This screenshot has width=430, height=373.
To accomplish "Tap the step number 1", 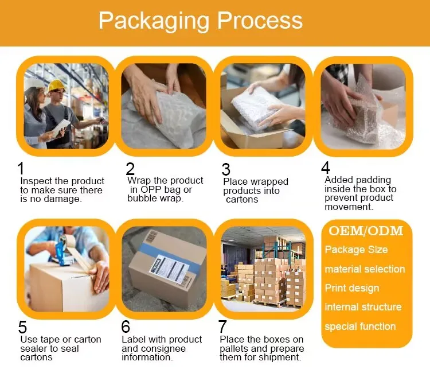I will tap(21, 169).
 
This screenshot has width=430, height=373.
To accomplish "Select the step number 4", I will tap(326, 168).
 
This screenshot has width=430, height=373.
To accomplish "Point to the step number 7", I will tap(222, 327).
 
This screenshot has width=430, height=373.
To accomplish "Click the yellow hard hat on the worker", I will tap(56, 86).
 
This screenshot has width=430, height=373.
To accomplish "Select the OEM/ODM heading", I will tap(366, 231).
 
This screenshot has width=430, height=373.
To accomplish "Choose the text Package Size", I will tap(356, 250).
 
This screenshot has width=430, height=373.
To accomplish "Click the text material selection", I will tap(365, 269).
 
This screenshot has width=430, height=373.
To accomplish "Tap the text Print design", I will tap(351, 288).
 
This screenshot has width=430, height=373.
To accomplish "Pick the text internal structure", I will tap(363, 307).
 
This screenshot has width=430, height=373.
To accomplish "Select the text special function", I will tap(360, 327).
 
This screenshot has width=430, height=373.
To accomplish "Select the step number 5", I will tap(22, 327).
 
